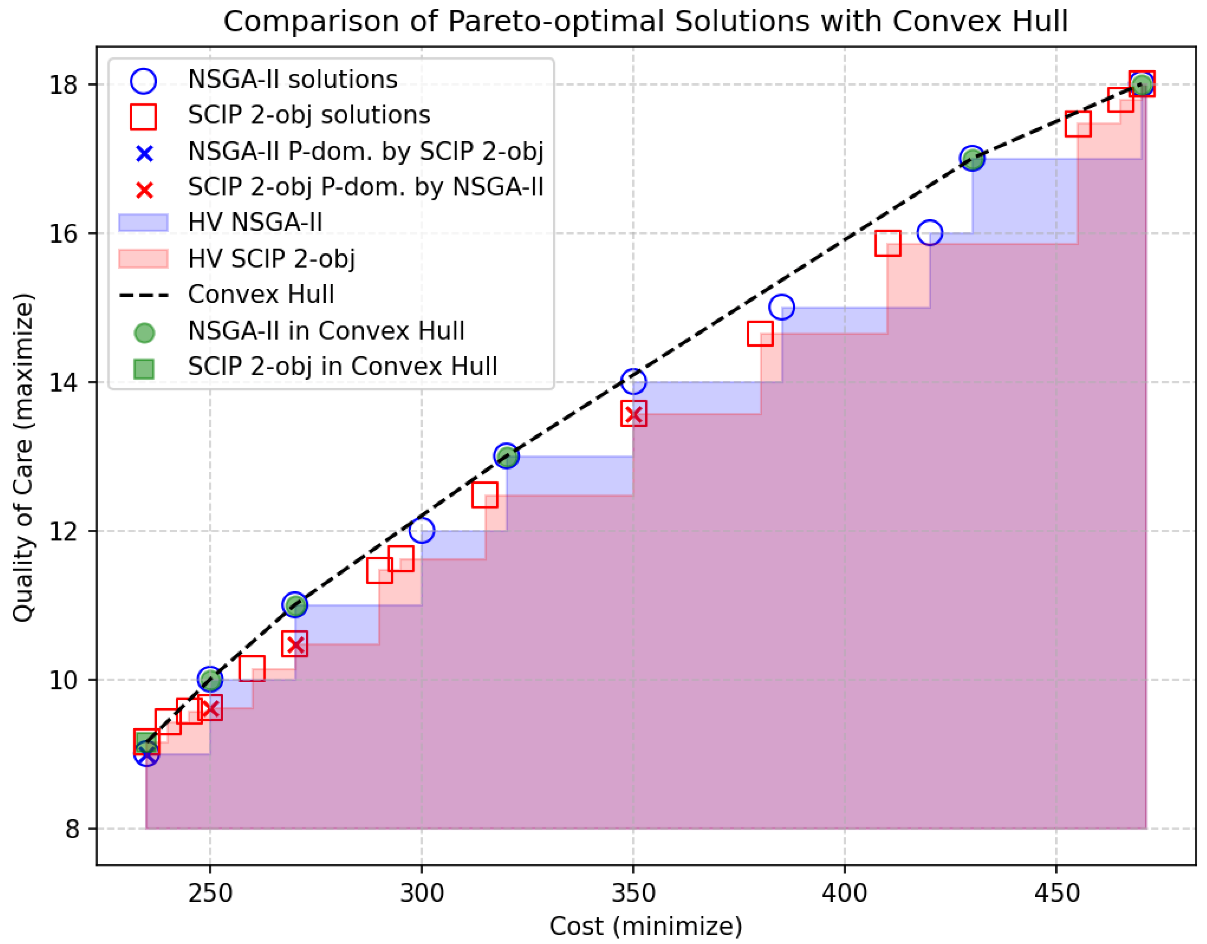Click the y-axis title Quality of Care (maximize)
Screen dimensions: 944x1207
[x=23, y=458]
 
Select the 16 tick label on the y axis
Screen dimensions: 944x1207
[x=63, y=234]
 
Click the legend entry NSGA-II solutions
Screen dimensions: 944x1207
[x=292, y=79]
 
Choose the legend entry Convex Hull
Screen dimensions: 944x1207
[x=261, y=294]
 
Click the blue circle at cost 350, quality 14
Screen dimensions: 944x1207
[x=633, y=381]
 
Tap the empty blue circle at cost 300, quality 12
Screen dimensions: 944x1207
[x=421, y=531]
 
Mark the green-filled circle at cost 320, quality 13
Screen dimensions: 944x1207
[x=506, y=456]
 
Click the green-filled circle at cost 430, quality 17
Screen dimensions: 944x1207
[x=972, y=159]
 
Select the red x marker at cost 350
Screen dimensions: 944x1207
[x=633, y=415]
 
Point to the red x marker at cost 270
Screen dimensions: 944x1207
[x=295, y=645]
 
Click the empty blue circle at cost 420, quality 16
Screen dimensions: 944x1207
[x=929, y=233]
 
